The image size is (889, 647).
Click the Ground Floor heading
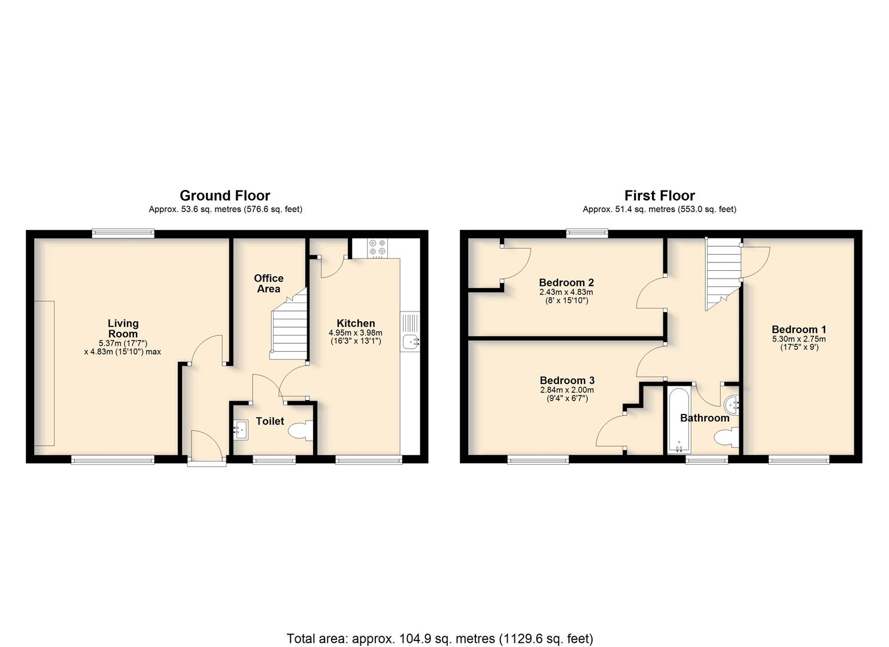[224, 195]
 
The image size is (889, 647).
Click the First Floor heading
[659, 195]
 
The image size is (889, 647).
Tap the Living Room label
[123, 328]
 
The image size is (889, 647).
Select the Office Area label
[269, 283]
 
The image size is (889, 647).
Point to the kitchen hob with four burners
[377, 248]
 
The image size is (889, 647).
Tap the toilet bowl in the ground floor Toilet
[301, 431]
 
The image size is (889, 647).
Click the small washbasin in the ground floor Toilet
[240, 430]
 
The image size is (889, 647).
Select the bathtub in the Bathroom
[679, 421]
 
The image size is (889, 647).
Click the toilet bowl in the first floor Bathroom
[726, 438]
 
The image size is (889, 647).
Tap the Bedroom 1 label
[799, 329]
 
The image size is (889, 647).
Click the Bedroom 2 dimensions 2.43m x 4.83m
[566, 292]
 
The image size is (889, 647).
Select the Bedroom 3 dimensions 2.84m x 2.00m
[567, 390]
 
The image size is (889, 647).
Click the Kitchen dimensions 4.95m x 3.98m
[356, 333]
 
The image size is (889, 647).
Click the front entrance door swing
[207, 445]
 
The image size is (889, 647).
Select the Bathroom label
[705, 418]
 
